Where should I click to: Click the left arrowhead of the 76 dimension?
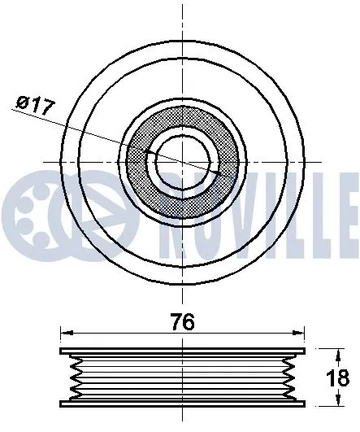pyautogui.click(x=66, y=334)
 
